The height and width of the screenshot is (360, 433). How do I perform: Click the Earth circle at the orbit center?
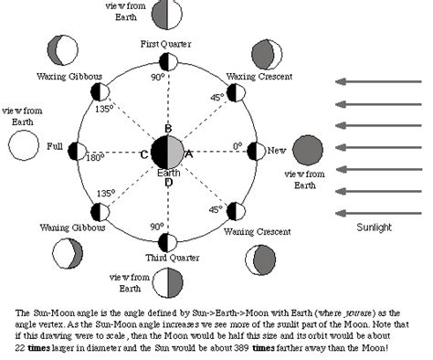click(x=167, y=151)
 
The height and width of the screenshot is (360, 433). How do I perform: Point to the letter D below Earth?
click(x=167, y=182)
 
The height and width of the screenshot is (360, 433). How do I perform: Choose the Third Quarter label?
click(x=167, y=258)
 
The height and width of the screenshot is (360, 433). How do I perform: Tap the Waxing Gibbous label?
click(x=69, y=75)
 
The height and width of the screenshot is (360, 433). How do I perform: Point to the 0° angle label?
click(x=237, y=145)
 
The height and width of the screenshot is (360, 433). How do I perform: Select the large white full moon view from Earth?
click(x=24, y=143)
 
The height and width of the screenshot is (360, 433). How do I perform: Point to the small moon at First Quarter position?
click(x=167, y=62)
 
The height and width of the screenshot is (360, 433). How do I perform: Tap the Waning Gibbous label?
click(x=71, y=227)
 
